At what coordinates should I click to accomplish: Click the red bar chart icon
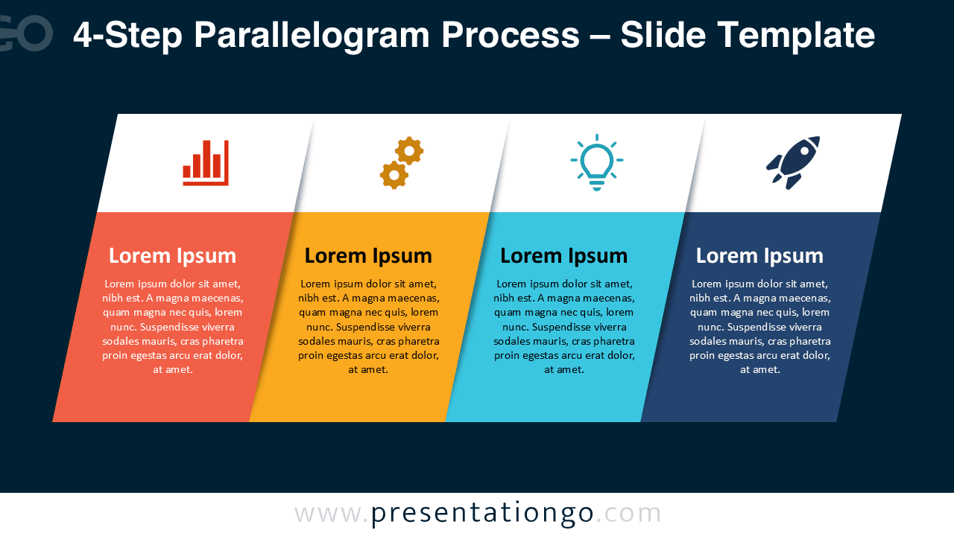[206, 162]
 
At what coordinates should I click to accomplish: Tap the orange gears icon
[401, 162]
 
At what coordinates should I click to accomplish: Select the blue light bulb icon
[597, 162]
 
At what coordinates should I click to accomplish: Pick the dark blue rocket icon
[793, 162]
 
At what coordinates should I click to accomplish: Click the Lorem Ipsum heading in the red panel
[172, 255]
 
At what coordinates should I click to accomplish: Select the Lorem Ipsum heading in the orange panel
[368, 255]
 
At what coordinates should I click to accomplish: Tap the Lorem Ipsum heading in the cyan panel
[563, 255]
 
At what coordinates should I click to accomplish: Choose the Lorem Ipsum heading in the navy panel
[759, 255]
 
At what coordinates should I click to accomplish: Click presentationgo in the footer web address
[482, 514]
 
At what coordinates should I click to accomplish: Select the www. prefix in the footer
[332, 514]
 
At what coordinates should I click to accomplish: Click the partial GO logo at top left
[26, 33]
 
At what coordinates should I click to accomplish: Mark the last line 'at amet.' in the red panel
[172, 370]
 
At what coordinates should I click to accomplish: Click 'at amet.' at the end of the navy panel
[759, 370]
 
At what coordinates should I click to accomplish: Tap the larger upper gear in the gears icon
[409, 151]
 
